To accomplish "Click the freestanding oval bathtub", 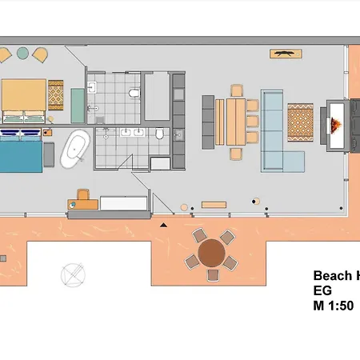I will [x=77, y=149].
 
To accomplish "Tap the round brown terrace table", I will [x=211, y=254].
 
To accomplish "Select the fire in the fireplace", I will [x=335, y=125].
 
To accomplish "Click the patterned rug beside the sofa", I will [x=302, y=121].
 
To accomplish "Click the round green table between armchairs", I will [x=22, y=54].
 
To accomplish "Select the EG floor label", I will [x=322, y=292].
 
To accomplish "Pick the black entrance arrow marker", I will [x=164, y=226].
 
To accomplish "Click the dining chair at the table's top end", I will [x=237, y=90].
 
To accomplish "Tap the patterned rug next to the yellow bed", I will [x=56, y=94].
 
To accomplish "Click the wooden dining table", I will [x=237, y=120].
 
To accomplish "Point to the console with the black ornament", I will [x=285, y=54].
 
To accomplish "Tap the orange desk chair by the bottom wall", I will [x=83, y=193].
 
